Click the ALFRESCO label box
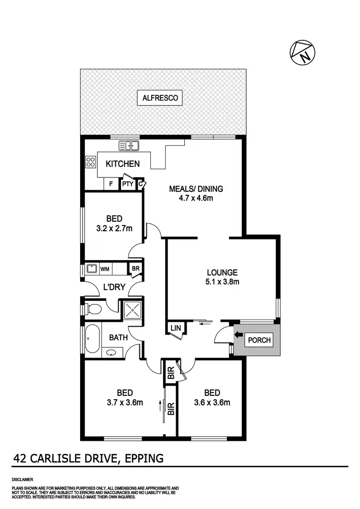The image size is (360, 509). pos(160,98)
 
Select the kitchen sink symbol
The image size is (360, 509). pos(129,146)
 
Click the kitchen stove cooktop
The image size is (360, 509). pos(91,162)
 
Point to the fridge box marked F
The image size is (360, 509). pos(111,184)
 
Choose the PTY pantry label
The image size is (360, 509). pos(127,184)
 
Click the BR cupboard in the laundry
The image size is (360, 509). pos(135,269)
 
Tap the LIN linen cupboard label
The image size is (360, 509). pos(174,328)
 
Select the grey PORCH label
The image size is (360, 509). pos(259,341)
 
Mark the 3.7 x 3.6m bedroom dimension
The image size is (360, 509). pos(124,402)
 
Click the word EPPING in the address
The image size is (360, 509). pos(143,458)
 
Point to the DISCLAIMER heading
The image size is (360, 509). pos(23,479)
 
